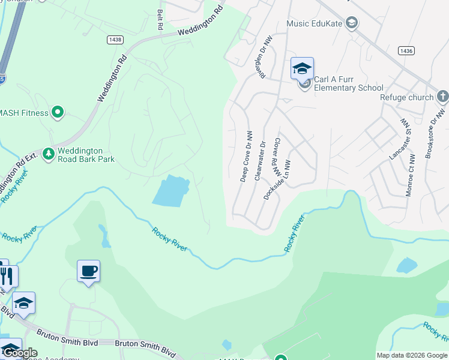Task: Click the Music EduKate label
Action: click(315, 24)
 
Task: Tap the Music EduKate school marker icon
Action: click(352, 24)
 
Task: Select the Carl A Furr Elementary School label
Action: click(349, 83)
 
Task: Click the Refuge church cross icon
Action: click(442, 97)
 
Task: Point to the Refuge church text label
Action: click(406, 97)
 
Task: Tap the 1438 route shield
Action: click(115, 39)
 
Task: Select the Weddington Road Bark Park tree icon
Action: click(48, 154)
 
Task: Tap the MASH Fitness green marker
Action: click(58, 112)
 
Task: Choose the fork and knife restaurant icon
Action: click(7, 276)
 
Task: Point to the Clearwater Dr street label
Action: click(260, 160)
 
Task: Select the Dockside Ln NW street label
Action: click(277, 179)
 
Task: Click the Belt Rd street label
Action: click(160, 19)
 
